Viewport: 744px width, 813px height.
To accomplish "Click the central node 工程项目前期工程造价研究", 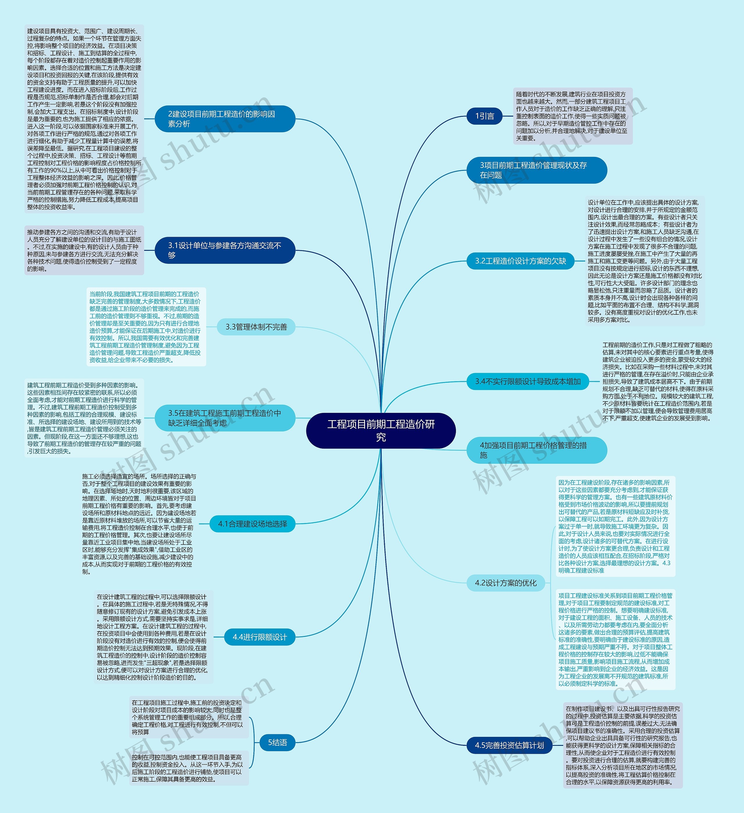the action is pyautogui.click(x=381, y=430).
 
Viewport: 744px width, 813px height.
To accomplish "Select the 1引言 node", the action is pyautogui.click(x=484, y=116).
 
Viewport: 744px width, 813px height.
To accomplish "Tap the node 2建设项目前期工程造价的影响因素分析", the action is pyautogui.click(x=225, y=119).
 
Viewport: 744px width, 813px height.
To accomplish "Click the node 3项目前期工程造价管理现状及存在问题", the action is pyautogui.click(x=536, y=170).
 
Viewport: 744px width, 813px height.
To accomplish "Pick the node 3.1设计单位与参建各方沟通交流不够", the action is pyautogui.click(x=225, y=250).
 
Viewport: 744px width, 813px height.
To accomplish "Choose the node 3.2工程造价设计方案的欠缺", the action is pyautogui.click(x=520, y=261).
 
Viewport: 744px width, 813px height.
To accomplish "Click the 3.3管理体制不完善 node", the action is pyautogui.click(x=256, y=327).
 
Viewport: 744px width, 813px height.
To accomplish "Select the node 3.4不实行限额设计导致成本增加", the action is pyautogui.click(x=527, y=382).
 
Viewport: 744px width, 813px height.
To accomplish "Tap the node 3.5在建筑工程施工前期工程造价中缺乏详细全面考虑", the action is pyautogui.click(x=225, y=418).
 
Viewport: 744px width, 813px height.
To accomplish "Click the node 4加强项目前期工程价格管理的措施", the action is pyautogui.click(x=536, y=450).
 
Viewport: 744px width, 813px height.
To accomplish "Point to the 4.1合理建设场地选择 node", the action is pyautogui.click(x=253, y=524).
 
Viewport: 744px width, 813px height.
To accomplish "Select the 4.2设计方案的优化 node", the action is pyautogui.click(x=506, y=583).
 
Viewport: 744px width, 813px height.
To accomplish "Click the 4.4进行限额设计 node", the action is pyautogui.click(x=260, y=637).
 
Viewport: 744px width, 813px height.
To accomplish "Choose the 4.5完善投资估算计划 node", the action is pyautogui.click(x=509, y=745).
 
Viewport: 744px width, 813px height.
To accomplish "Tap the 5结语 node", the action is pyautogui.click(x=278, y=742).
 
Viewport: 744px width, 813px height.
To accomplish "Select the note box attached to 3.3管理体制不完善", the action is pyautogui.click(x=146, y=327).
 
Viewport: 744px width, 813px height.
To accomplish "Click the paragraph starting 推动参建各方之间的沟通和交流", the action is pyautogui.click(x=84, y=250).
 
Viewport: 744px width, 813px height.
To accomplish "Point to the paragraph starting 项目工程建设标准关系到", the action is pyautogui.click(x=615, y=639).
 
